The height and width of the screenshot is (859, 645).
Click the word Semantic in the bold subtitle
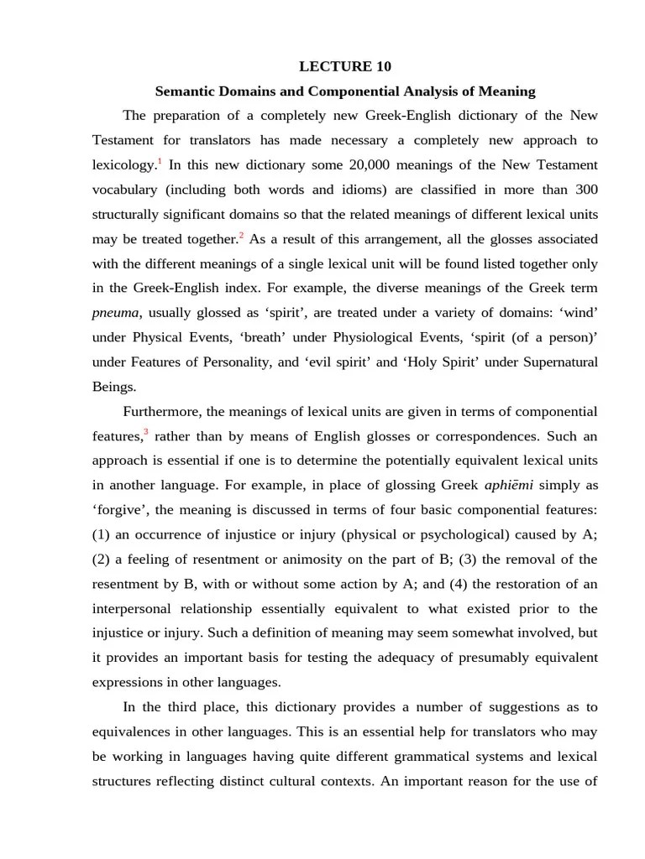click(x=186, y=91)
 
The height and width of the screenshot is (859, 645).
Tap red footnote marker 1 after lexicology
click(x=160, y=159)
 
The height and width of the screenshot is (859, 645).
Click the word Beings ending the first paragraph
click(x=113, y=387)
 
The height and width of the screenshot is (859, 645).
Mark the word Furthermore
click(x=162, y=412)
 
